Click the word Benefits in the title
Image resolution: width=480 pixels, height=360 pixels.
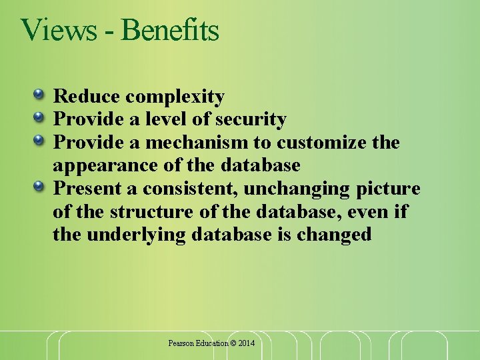pyautogui.click(x=171, y=30)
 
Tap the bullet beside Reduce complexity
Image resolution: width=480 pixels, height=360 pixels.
pyautogui.click(x=41, y=93)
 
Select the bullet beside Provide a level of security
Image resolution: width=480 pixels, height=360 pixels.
pyautogui.click(x=41, y=117)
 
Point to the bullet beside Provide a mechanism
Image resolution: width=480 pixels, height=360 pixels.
pyautogui.click(x=41, y=139)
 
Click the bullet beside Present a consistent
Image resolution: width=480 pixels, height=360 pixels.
pyautogui.click(x=41, y=185)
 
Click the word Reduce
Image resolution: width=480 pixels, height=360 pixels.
pyautogui.click(x=86, y=97)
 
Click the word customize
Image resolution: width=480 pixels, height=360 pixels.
pyautogui.click(x=323, y=143)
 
